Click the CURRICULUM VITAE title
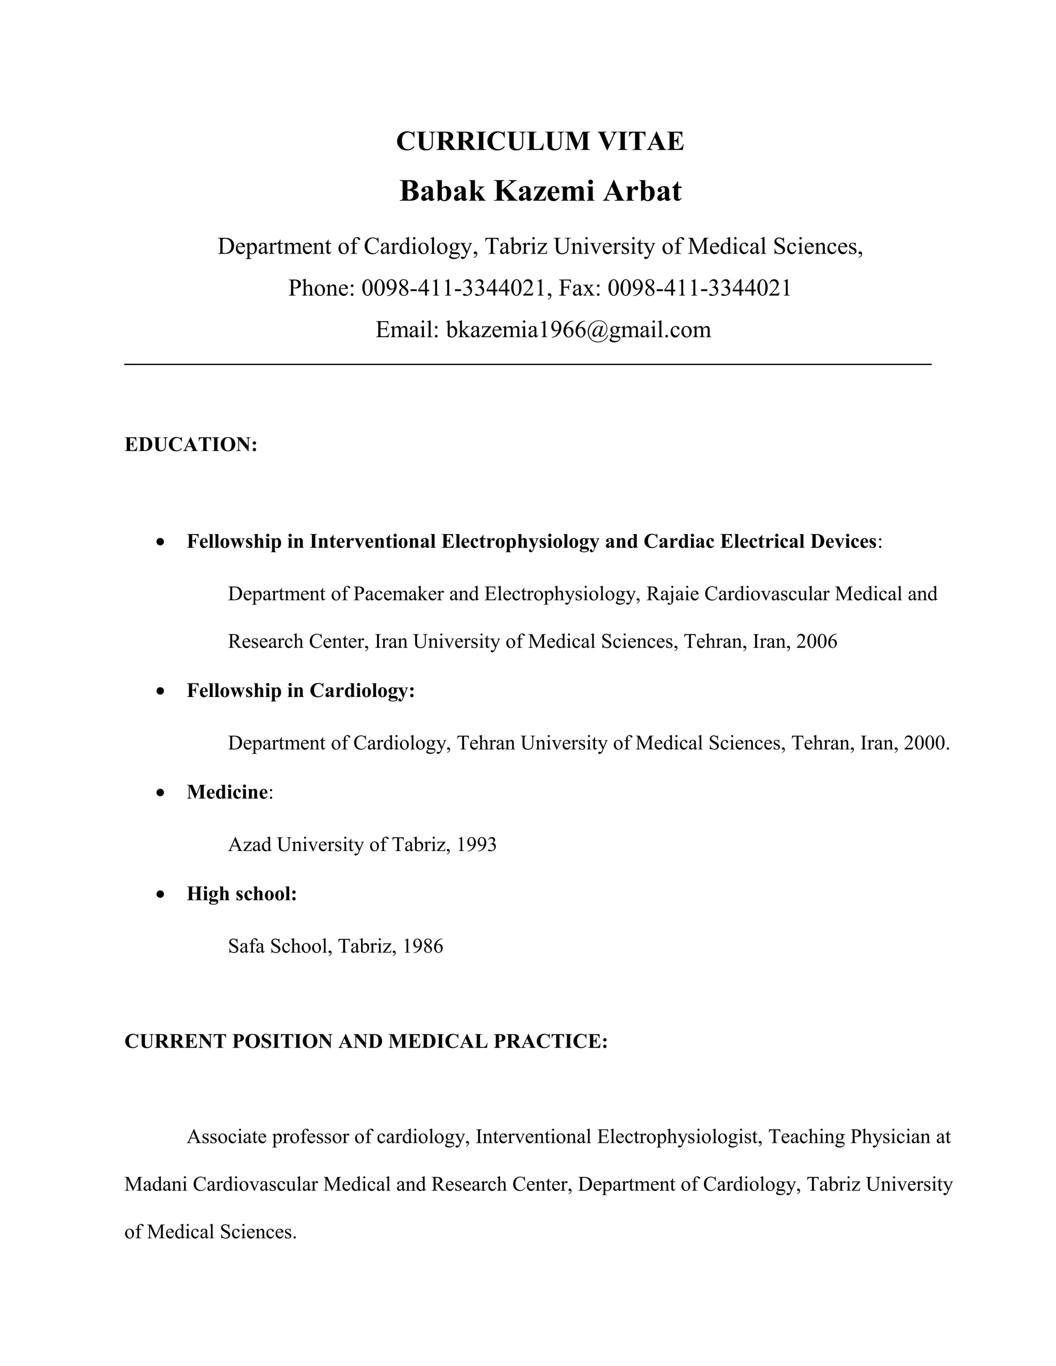click(540, 141)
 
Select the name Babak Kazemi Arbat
click(540, 191)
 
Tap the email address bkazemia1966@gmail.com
click(578, 329)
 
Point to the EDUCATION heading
click(191, 445)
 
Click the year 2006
click(816, 641)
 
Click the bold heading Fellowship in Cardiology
click(300, 691)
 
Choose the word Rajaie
click(672, 593)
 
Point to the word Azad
click(250, 844)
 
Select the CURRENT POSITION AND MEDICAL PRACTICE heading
click(366, 1041)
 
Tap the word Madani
click(156, 1184)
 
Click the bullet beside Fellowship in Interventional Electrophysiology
click(161, 542)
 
